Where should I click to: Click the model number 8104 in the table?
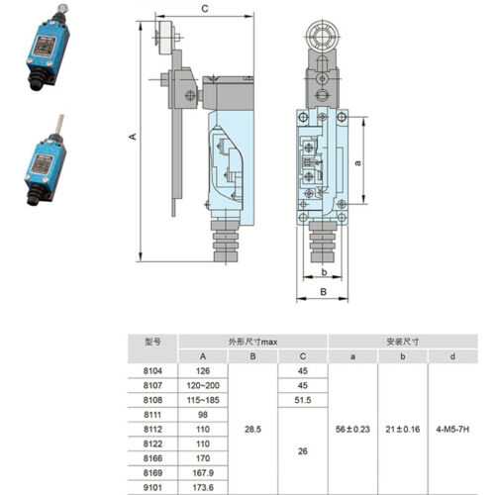point(152,371)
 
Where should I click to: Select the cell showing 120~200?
point(203,385)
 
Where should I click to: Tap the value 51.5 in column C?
point(303,400)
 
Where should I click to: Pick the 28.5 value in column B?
point(252,429)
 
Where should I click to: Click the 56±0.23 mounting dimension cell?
point(352,429)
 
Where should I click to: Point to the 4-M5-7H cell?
point(452,429)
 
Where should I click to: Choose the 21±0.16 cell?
point(403,429)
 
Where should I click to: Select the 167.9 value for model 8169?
point(203,473)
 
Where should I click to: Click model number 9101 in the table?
point(152,487)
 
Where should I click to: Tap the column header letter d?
point(452,356)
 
